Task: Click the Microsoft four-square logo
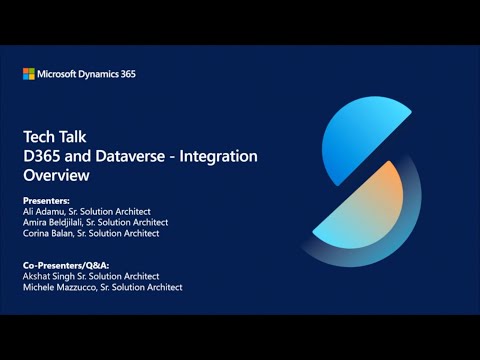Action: click(29, 74)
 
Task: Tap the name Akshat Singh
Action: click(51, 276)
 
